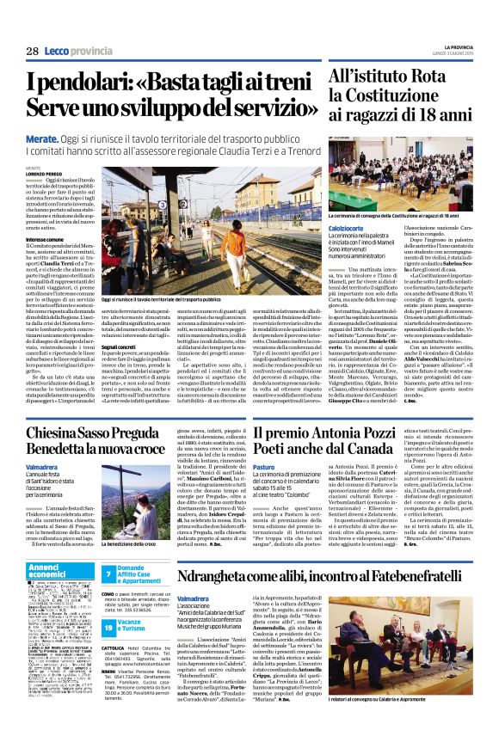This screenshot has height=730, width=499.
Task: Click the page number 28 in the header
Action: (32, 52)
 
